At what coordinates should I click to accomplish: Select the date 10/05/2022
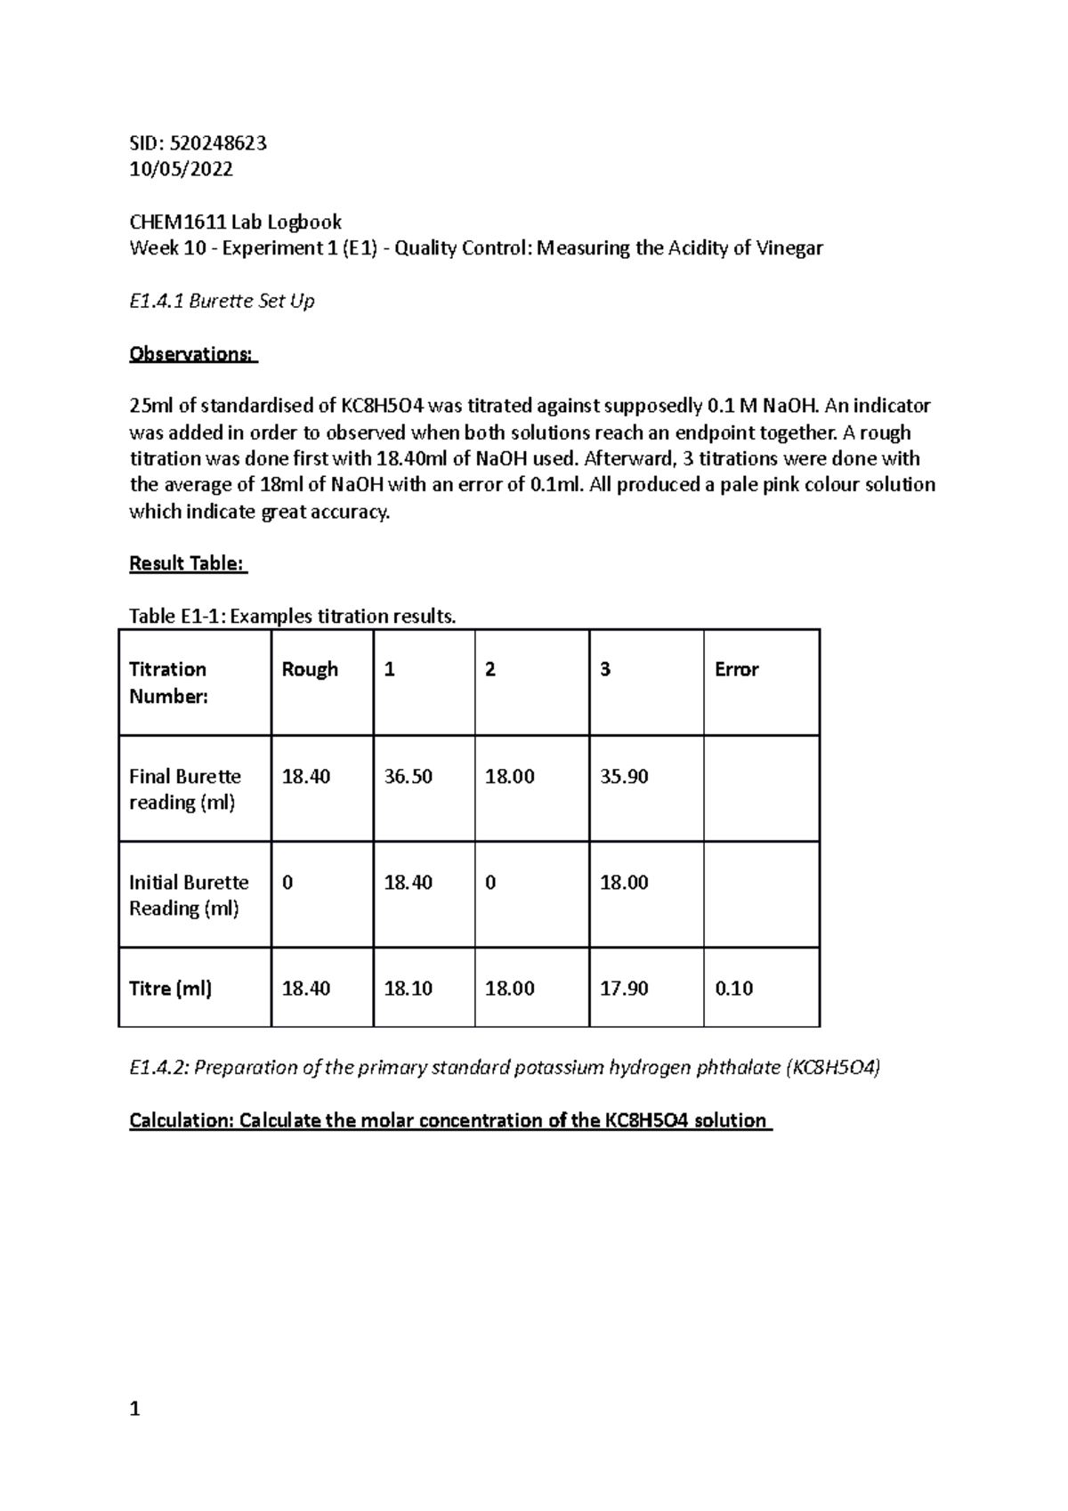point(181,169)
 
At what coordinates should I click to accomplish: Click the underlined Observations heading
point(192,353)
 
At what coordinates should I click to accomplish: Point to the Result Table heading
point(187,563)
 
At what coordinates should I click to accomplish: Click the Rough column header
point(310,669)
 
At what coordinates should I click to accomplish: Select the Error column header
point(736,669)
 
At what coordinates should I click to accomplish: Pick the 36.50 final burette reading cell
point(408,776)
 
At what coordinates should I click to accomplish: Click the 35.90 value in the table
point(624,776)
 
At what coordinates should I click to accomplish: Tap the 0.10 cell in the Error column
point(733,988)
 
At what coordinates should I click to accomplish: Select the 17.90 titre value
point(624,988)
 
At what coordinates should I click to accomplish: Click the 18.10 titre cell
point(408,988)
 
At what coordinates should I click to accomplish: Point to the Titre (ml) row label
point(170,988)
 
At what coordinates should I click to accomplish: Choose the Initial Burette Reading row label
point(189,895)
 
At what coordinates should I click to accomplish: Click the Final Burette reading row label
point(184,789)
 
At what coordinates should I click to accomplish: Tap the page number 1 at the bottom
point(134,1409)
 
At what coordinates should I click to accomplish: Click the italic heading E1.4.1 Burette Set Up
point(222,301)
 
